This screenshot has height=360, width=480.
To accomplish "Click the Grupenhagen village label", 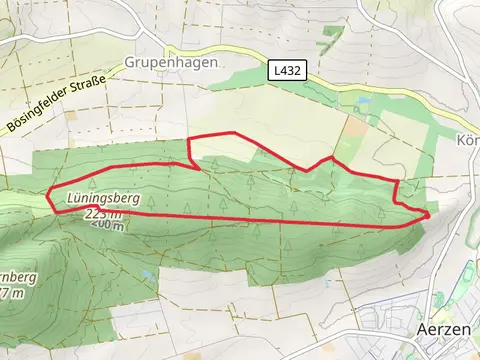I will (171, 62).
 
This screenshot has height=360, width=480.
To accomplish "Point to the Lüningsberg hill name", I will (102, 200).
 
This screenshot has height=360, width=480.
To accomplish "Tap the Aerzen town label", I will (441, 329).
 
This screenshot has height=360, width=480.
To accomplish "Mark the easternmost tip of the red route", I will (429, 214).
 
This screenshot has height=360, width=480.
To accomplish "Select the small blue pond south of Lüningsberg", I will (147, 272).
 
